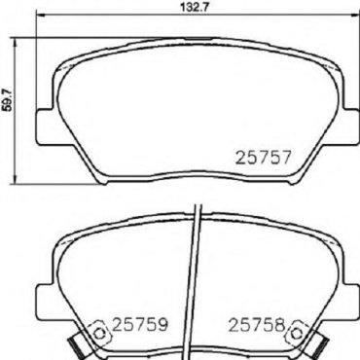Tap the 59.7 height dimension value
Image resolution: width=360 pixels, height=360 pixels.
coord(7,99)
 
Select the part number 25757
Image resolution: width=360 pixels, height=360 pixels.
coord(263,158)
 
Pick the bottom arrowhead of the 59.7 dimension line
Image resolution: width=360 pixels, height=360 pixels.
coord(14,180)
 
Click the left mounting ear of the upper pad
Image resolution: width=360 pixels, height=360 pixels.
coord(44,126)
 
